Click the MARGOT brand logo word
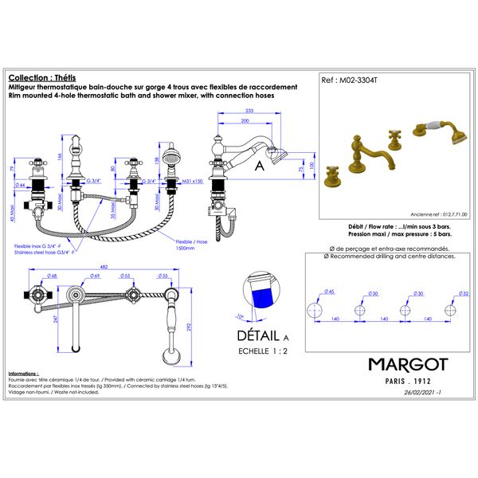(x=408, y=365)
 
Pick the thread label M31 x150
(x=194, y=181)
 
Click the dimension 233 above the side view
(x=249, y=111)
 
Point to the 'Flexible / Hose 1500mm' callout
(x=192, y=243)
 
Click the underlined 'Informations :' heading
(x=23, y=373)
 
